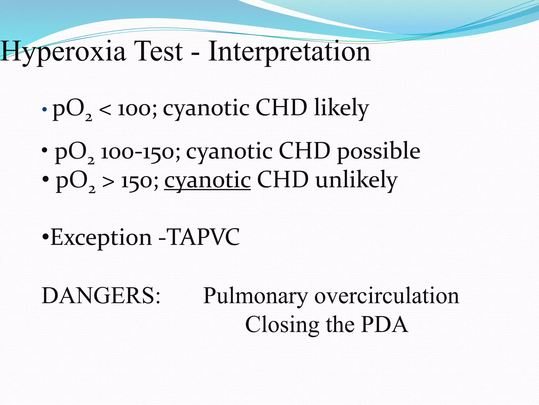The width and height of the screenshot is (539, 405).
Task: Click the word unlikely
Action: point(356,180)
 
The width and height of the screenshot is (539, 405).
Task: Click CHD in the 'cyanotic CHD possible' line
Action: point(304,151)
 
